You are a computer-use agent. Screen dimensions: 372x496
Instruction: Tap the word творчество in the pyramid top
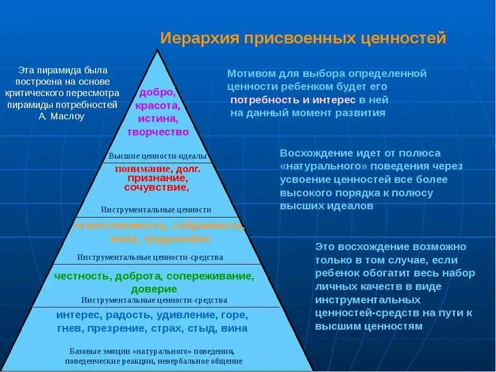(158, 132)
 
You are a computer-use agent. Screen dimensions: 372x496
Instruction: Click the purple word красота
(158, 106)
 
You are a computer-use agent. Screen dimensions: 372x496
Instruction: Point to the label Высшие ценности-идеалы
(158, 156)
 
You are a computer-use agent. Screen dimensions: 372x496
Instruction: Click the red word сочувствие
(156, 187)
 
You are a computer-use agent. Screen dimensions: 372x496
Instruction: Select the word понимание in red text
(141, 169)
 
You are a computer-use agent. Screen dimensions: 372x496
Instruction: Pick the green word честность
(82, 276)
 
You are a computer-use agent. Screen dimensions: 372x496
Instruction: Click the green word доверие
(154, 289)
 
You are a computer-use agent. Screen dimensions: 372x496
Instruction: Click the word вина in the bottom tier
(235, 328)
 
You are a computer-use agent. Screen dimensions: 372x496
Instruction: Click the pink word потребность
(262, 99)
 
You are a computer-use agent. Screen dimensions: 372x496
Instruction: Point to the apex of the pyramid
(158, 50)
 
